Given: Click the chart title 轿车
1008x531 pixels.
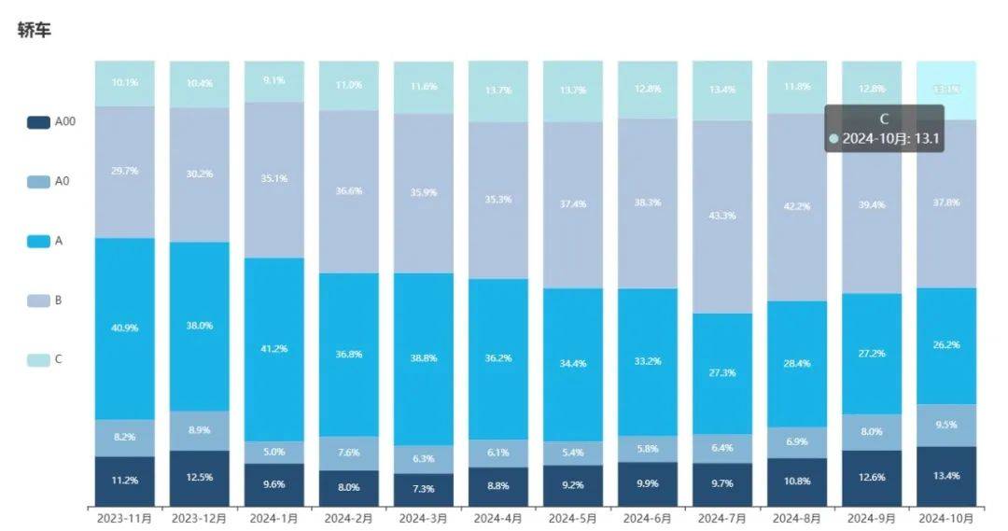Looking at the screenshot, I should (x=35, y=31).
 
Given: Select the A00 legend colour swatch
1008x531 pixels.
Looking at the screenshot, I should (x=38, y=121).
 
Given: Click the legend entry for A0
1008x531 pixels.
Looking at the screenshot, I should (x=50, y=181).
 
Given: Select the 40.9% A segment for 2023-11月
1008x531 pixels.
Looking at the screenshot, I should (x=124, y=328).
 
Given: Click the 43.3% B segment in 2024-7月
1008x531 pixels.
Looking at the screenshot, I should (x=722, y=217).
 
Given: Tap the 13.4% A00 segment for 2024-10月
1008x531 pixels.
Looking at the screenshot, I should (x=946, y=476).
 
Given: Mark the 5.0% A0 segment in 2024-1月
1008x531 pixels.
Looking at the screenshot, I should (x=274, y=453).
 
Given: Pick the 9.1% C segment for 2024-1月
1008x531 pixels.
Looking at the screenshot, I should (x=274, y=81).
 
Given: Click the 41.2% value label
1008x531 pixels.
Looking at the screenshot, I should (x=274, y=349).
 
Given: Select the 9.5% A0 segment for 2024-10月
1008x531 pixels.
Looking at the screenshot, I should (x=946, y=425).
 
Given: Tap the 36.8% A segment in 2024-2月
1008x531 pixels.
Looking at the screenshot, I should (x=349, y=355).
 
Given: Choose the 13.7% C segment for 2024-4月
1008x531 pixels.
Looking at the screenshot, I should (x=498, y=91).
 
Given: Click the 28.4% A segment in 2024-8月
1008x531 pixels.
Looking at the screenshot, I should (x=797, y=364).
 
